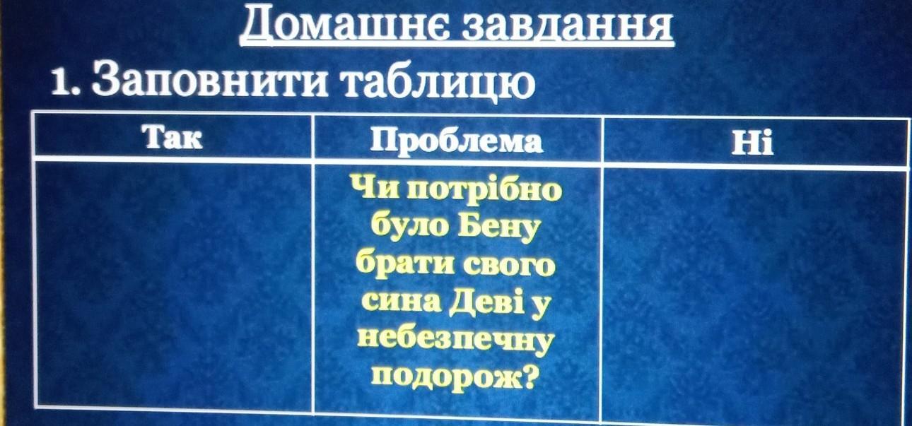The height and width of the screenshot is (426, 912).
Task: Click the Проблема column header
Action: click(x=457, y=141)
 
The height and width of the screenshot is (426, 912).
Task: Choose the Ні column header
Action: click(x=752, y=143)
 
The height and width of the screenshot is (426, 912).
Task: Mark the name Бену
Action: click(x=498, y=228)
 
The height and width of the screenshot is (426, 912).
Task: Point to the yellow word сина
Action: click(x=401, y=302)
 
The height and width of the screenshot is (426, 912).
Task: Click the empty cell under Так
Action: click(x=174, y=284)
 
